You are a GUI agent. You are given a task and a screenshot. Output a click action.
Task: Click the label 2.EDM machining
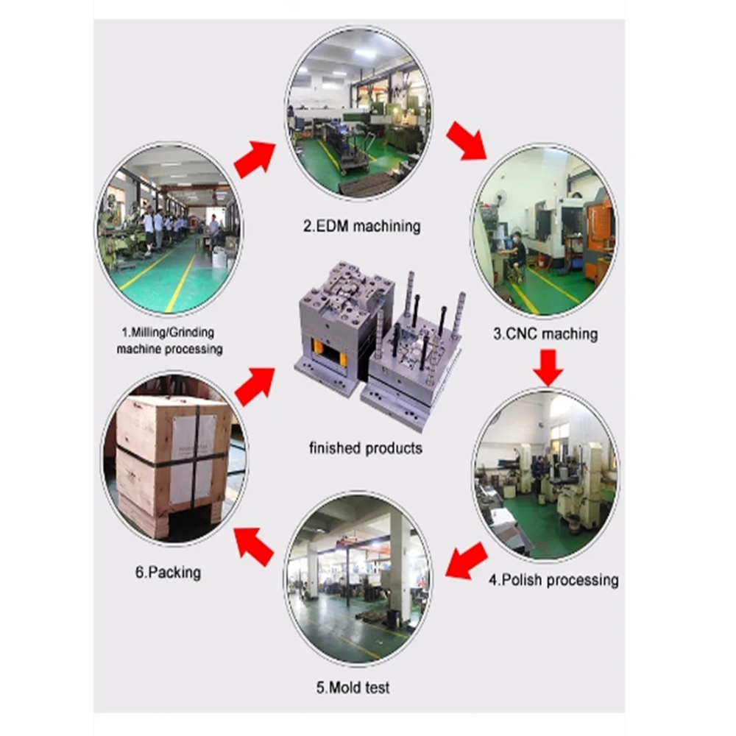pyautogui.click(x=362, y=226)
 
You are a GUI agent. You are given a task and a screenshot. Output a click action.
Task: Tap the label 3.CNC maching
pyautogui.click(x=545, y=333)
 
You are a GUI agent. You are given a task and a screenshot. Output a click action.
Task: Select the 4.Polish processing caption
pyautogui.click(x=553, y=580)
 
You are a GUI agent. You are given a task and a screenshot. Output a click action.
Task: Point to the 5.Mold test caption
pyautogui.click(x=353, y=688)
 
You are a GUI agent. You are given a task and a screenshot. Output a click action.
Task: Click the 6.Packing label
pyautogui.click(x=168, y=572)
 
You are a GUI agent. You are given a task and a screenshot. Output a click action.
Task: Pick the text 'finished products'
pyautogui.click(x=366, y=447)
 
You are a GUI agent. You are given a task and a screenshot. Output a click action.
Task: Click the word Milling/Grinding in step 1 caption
pyautogui.click(x=169, y=333)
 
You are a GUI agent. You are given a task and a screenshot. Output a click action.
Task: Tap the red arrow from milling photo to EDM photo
pyautogui.click(x=255, y=158)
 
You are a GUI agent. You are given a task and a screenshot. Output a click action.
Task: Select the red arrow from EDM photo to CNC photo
pyautogui.click(x=466, y=141)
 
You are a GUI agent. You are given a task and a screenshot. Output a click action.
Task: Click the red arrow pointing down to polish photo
pyautogui.click(x=548, y=367)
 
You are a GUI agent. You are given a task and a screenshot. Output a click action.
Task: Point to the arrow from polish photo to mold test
pyautogui.click(x=467, y=561)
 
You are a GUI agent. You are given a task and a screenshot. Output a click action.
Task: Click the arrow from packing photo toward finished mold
pyautogui.click(x=255, y=384)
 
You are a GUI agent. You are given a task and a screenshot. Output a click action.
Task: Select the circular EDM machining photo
pyautogui.click(x=358, y=112)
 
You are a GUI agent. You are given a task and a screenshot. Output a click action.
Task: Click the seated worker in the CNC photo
pyautogui.click(x=518, y=254)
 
